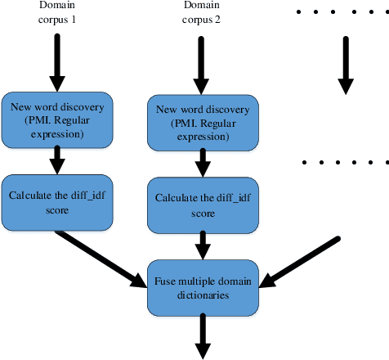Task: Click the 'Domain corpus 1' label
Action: point(56,14)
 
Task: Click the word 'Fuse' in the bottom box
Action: point(166,281)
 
